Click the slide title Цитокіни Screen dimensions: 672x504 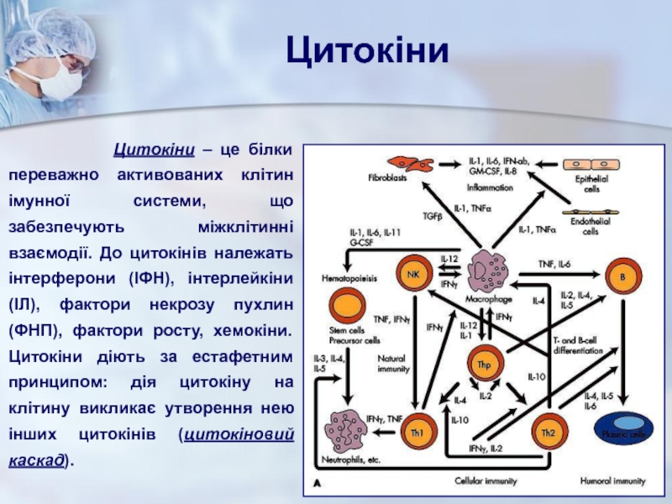tap(367, 53)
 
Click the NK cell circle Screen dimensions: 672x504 tap(413, 275)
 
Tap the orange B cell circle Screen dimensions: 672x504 tap(623, 276)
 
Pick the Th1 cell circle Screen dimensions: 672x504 tap(417, 433)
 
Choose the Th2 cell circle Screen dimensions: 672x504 tap(547, 433)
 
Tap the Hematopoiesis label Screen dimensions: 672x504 tap(348, 276)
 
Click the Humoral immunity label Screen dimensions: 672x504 tap(612, 482)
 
